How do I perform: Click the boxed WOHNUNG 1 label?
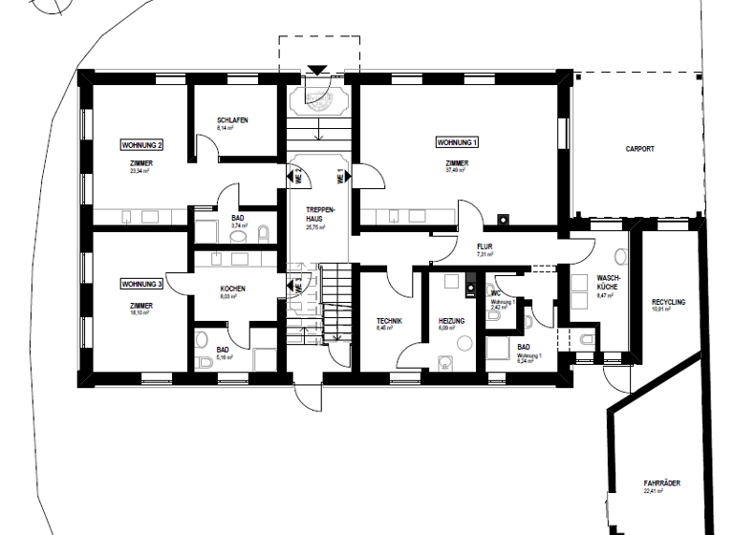pos(457,142)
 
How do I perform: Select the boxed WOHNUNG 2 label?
pos(141,145)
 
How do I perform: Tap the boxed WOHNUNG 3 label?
pos(141,284)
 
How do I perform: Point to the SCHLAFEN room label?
pos(233,120)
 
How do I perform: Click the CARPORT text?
pos(640,149)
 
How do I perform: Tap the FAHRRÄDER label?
pos(661,484)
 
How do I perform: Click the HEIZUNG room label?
pos(452,321)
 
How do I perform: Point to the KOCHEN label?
pos(233,289)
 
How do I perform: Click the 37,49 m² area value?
pos(457,171)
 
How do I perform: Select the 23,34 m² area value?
pos(141,172)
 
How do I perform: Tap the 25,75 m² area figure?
pos(317,228)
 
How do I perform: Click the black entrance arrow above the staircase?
pos(318,70)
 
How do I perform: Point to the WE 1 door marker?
pos(339,176)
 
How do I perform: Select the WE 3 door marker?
pos(296,285)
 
